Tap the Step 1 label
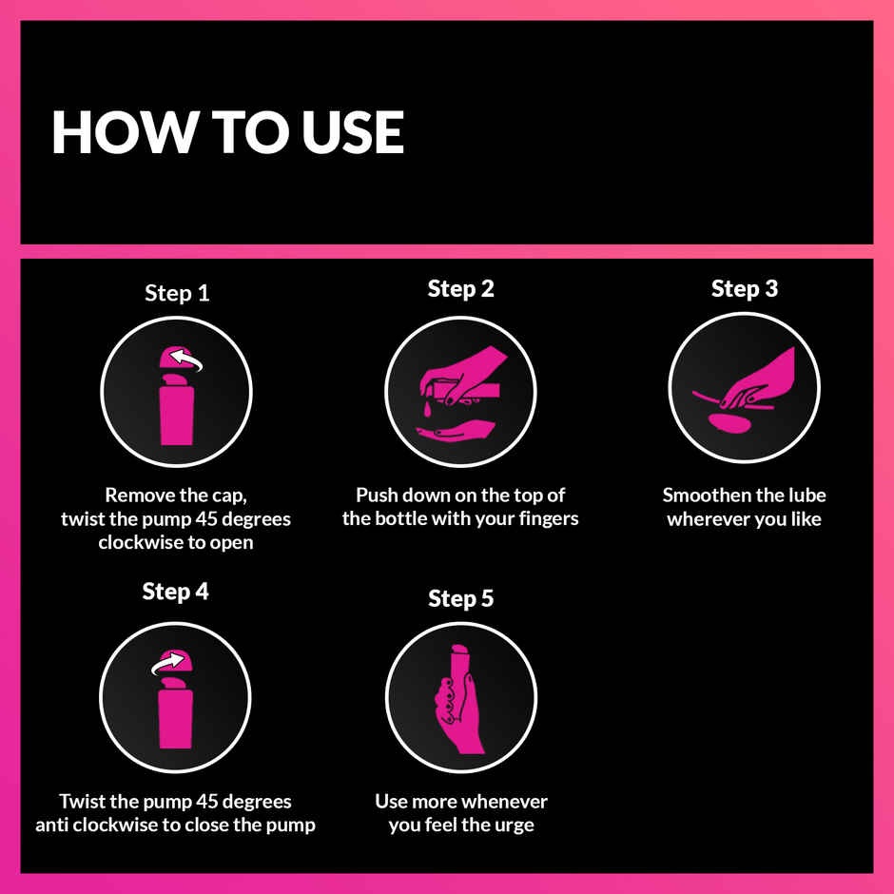click(177, 293)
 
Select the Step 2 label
click(460, 289)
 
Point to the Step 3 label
click(744, 289)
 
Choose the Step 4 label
click(175, 592)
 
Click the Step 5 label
click(460, 599)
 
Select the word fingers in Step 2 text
click(544, 519)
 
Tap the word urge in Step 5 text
click(514, 825)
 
